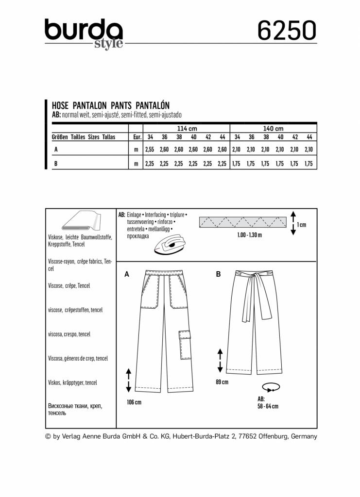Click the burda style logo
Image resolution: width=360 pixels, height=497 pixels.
coord(84,33)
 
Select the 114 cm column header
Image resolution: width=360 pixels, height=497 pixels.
coord(187,129)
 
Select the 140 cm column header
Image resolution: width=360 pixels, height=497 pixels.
coord(273,129)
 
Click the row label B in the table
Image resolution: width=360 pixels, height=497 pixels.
coord(56,164)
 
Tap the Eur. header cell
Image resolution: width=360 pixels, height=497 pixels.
coord(137,137)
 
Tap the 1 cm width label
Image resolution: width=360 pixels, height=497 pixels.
coord(302,224)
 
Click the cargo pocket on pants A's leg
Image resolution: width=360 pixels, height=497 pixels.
coord(184,345)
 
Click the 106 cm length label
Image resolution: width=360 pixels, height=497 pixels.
coord(134,402)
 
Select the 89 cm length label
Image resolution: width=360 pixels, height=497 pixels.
coord(222,382)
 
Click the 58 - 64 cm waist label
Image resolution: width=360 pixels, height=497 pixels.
coord(268,406)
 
